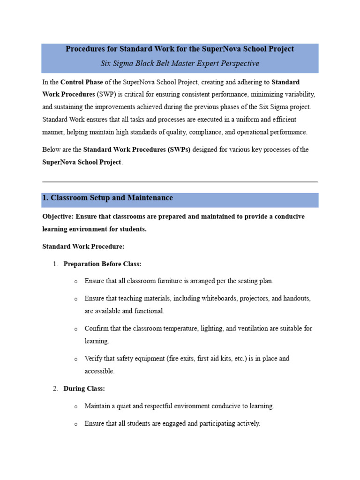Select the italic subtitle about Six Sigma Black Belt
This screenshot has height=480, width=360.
(x=180, y=63)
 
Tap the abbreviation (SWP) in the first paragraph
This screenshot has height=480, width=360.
(x=107, y=94)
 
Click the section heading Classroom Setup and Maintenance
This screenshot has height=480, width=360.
(x=112, y=198)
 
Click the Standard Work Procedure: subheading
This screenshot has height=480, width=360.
(x=83, y=246)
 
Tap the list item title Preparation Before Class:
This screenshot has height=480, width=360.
(x=102, y=264)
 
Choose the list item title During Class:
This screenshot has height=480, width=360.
(x=84, y=389)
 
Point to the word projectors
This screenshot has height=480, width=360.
(x=243, y=298)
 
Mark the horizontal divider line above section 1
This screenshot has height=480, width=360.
(x=180, y=181)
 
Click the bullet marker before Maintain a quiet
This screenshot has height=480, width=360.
(x=75, y=407)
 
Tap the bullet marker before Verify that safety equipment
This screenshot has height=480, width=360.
(x=75, y=359)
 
